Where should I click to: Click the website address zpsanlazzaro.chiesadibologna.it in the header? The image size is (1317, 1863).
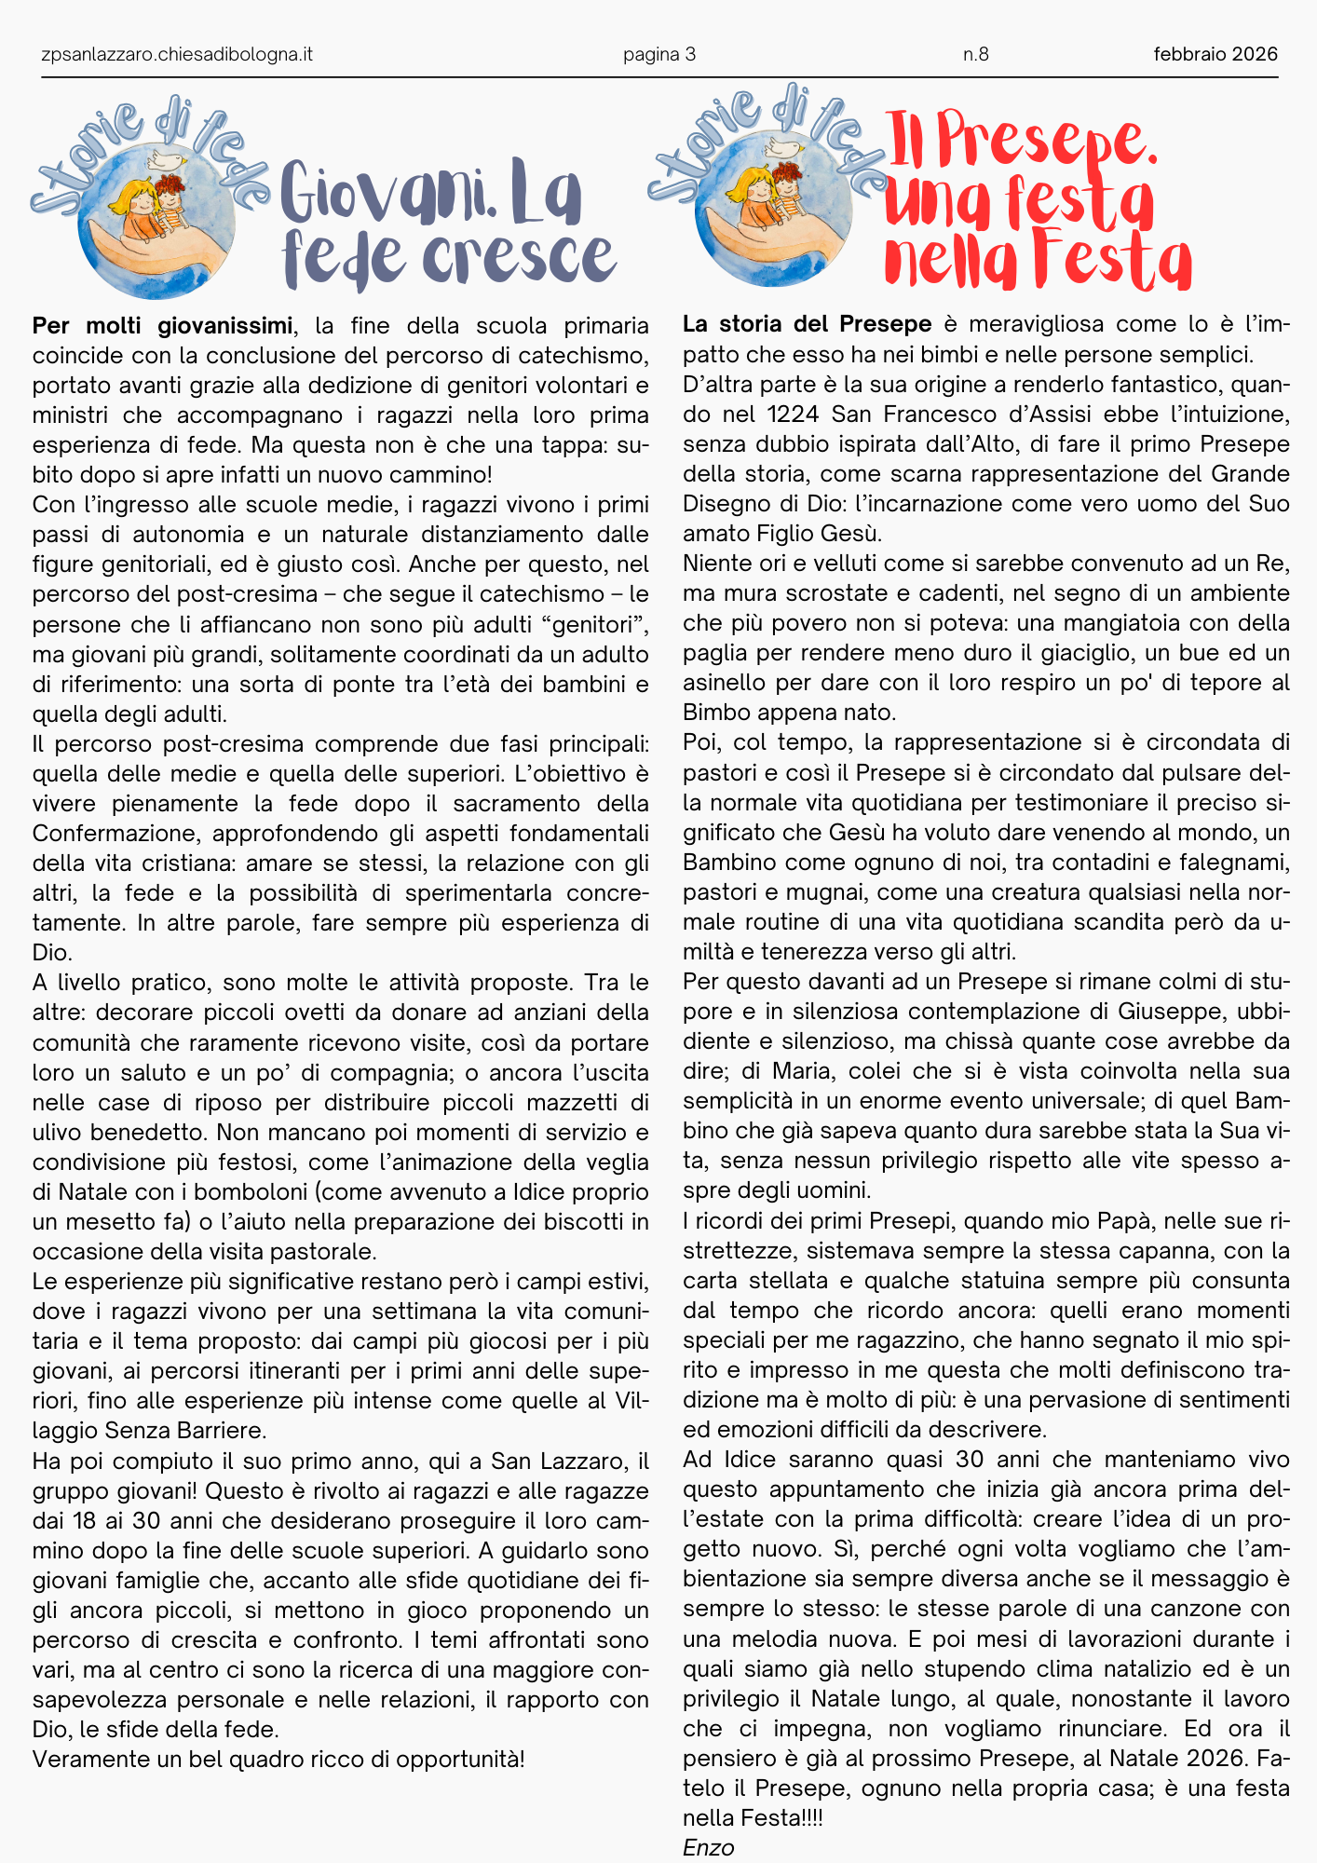177,54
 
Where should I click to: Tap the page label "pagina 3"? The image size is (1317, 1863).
659,54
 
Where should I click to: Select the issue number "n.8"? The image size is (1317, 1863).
975,54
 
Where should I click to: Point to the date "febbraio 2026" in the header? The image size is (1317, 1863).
1215,54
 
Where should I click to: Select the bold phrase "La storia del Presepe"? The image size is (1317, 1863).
807,324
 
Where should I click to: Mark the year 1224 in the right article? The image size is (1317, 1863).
792,414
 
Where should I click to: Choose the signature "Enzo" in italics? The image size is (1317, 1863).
708,1847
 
